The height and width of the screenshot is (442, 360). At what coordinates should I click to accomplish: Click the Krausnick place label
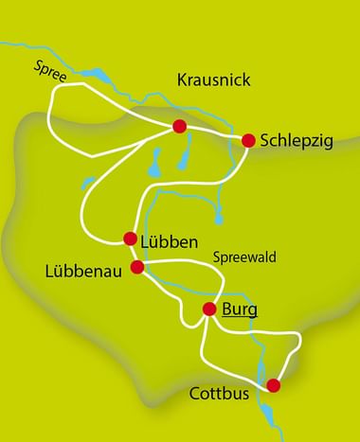(x=213, y=80)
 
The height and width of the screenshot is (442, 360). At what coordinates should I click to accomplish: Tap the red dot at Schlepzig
(x=248, y=140)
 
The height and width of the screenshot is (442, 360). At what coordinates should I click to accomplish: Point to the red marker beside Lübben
(x=131, y=239)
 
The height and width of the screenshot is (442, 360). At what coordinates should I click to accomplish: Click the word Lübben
(x=170, y=240)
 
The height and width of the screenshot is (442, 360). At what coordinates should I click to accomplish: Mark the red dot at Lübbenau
(x=137, y=267)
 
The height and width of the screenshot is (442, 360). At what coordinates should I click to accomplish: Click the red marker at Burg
(x=209, y=309)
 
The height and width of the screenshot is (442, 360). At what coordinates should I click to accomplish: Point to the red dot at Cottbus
(x=274, y=384)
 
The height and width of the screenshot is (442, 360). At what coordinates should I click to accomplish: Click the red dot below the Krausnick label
(x=178, y=126)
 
